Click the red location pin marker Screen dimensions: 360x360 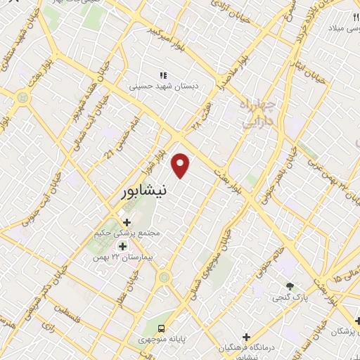pos(181,166)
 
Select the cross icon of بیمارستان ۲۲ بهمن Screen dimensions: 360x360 pos(123,246)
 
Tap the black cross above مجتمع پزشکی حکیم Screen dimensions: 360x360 pos(127,222)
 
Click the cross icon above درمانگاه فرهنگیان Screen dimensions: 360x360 pos(245,337)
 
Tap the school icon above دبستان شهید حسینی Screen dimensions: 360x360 pos(163,75)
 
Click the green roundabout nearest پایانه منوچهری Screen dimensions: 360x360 pos(164,278)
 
